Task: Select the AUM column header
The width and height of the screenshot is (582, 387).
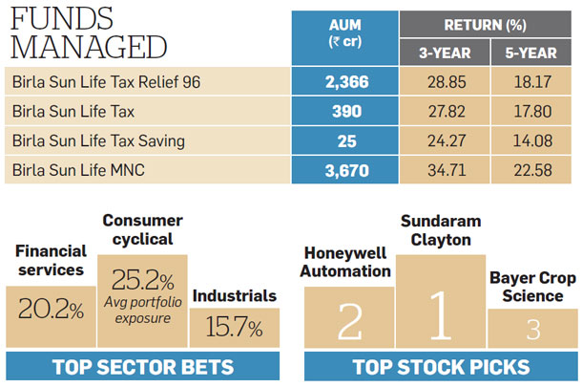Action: pos(344,32)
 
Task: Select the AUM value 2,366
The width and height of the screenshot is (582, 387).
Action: pos(344,81)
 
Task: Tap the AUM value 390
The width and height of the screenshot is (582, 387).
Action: pos(344,111)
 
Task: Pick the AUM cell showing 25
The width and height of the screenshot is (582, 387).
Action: pos(344,141)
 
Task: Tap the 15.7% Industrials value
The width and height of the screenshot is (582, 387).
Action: pos(235,328)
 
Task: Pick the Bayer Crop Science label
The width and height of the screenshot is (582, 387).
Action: pos(533,286)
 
